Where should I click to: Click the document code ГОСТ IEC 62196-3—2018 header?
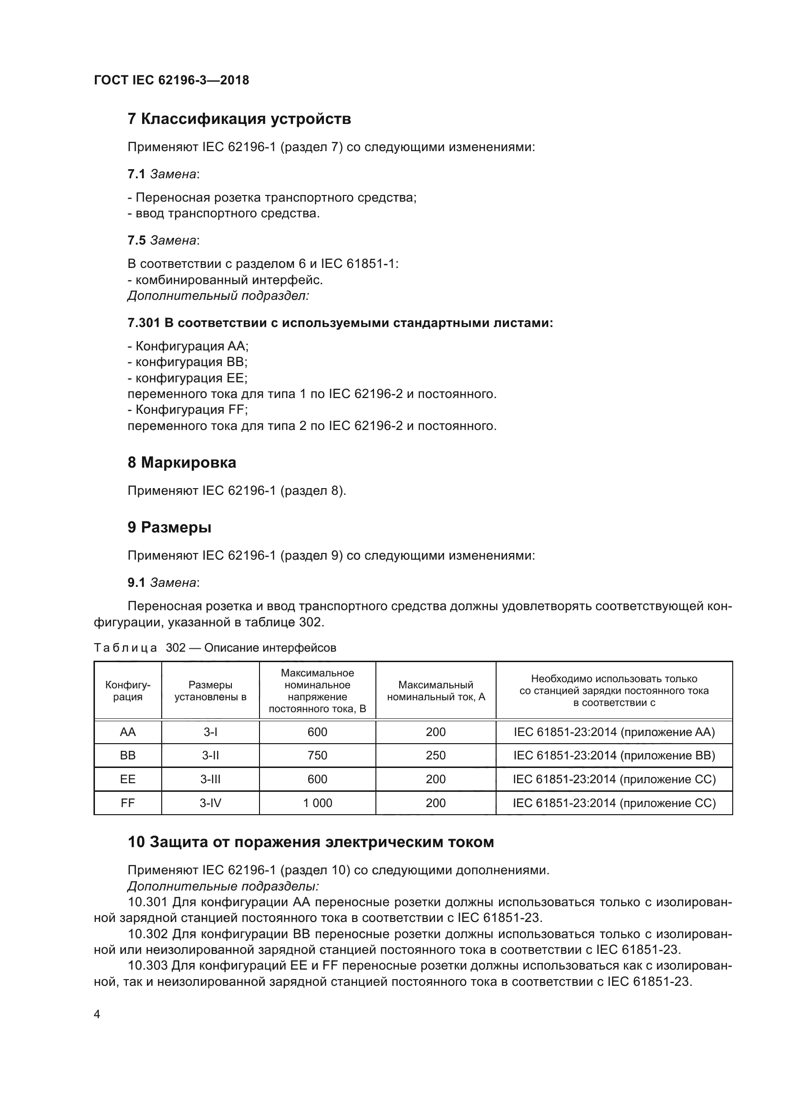click(x=171, y=81)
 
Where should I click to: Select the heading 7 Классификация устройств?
click(x=239, y=119)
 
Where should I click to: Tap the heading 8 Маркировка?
click(x=182, y=463)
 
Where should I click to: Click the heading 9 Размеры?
click(x=169, y=527)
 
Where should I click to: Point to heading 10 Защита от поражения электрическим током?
click(x=311, y=842)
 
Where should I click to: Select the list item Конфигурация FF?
click(x=188, y=410)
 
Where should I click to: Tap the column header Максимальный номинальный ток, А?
click(x=436, y=691)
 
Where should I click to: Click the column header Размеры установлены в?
click(x=210, y=691)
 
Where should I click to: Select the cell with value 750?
click(x=317, y=756)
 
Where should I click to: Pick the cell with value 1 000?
click(x=317, y=803)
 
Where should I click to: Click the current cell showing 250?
click(x=436, y=756)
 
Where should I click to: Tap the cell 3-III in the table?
click(x=210, y=779)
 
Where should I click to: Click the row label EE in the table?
click(x=128, y=779)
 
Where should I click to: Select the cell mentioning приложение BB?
click(x=614, y=756)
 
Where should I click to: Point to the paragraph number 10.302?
click(x=148, y=934)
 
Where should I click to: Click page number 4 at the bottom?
click(x=97, y=1014)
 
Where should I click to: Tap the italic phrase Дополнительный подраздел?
click(x=218, y=296)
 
